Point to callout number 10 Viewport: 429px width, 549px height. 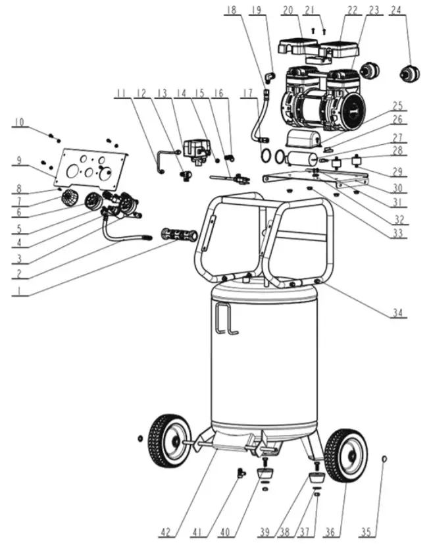(18, 122)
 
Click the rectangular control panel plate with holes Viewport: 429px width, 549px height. (91, 167)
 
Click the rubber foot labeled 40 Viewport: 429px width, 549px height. (265, 475)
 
